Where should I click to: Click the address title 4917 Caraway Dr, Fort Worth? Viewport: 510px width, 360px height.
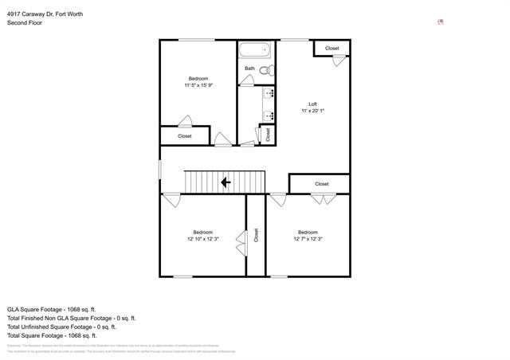coord(44,14)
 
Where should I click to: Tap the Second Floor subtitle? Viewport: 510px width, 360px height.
coord(25,23)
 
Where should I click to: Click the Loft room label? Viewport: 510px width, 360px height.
coord(313,104)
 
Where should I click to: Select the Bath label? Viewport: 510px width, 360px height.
coord(249,68)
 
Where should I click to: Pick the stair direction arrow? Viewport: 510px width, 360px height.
coord(226,182)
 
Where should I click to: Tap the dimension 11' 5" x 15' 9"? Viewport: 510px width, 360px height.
coord(198,85)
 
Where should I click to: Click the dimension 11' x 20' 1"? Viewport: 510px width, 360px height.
coord(313,112)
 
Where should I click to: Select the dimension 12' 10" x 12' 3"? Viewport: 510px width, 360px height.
coord(203,239)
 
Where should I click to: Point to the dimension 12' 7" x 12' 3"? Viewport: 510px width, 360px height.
coord(308,239)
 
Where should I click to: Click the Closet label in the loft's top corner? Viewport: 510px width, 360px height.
coord(332,49)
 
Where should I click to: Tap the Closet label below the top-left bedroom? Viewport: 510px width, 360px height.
coord(185,136)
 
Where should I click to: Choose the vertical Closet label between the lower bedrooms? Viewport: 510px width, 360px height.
coord(256,235)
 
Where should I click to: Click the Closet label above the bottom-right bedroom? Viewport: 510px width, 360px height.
coord(322,184)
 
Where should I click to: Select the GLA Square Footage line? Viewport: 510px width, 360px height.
coord(51,309)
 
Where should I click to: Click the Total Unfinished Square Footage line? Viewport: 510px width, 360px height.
coord(61,327)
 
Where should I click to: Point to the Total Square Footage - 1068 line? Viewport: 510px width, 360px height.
coord(51,335)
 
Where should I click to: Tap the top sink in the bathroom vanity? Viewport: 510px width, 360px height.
coord(269,92)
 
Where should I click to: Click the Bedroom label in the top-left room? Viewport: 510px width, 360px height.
coord(198,78)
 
